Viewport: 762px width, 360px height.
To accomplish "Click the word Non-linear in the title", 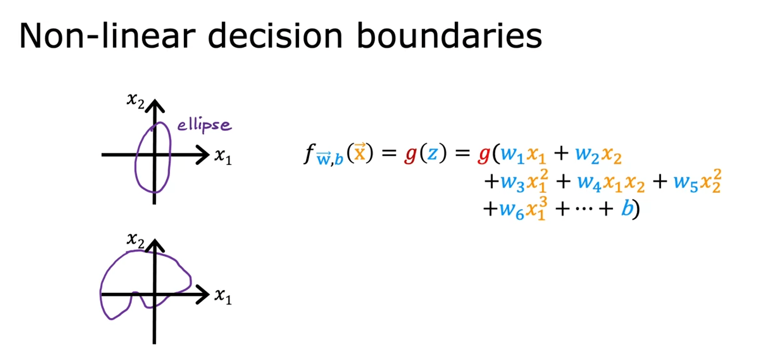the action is point(108,36).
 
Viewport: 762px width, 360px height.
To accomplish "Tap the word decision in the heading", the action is point(275,36).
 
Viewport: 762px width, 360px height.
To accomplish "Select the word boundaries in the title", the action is point(449,36).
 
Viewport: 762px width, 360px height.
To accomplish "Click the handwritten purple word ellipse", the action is point(204,125).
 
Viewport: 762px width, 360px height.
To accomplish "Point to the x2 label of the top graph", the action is point(135,100).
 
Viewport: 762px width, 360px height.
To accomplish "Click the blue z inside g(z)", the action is point(432,154).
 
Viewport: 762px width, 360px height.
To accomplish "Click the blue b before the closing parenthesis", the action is point(627,208).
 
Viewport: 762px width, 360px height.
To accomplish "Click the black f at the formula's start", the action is point(309,154).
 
